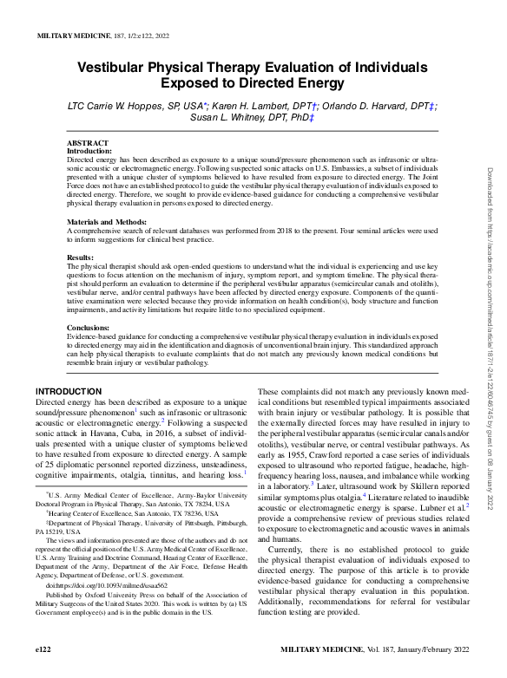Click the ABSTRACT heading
click(x=88, y=143)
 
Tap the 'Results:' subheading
click(x=81, y=258)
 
